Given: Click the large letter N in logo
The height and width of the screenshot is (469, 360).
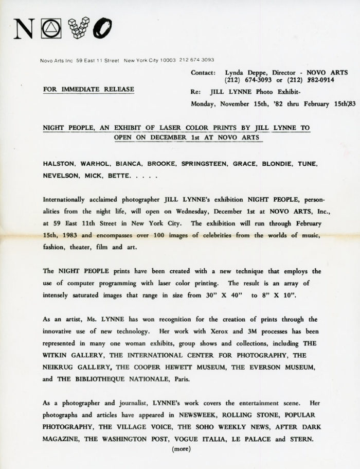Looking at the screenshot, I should (26, 28).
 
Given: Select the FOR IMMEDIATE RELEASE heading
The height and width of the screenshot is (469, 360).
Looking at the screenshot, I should (88, 89).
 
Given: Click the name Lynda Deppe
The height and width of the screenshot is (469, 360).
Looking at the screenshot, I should (242, 73).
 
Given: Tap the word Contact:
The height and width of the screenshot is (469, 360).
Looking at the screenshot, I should (203, 73).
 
